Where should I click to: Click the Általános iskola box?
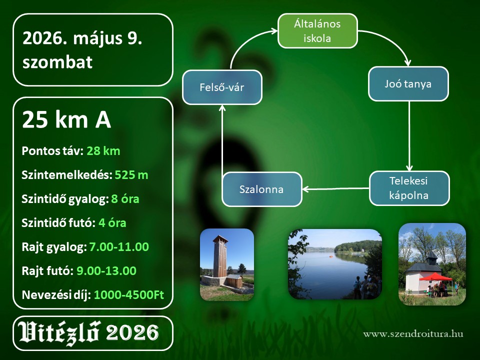[x=318, y=31]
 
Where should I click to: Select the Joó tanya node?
[x=408, y=84]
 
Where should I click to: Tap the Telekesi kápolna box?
[x=409, y=188]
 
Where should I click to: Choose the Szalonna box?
[x=261, y=189]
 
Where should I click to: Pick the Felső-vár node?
[x=222, y=87]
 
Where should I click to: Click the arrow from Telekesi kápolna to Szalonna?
[x=336, y=189]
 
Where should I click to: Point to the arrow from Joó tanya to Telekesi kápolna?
[x=409, y=136]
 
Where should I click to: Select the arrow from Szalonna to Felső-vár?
[x=222, y=138]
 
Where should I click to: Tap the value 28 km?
[x=103, y=151]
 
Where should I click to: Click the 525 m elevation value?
[x=131, y=175]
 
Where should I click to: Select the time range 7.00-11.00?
[x=119, y=246]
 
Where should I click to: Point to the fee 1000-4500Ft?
[x=129, y=295]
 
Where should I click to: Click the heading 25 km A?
[x=66, y=119]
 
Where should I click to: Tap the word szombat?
[x=57, y=62]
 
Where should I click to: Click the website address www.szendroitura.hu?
[x=413, y=333]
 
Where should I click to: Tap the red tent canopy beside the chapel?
[x=435, y=277]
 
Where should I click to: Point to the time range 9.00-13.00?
[x=106, y=271]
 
